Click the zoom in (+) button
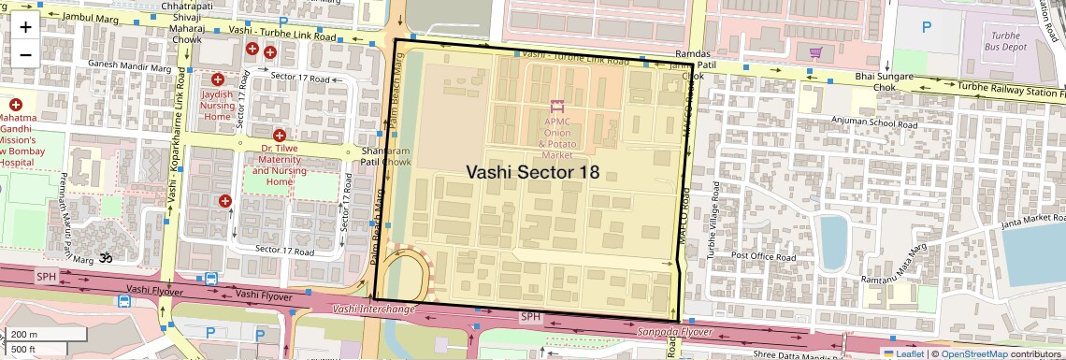tap(25, 26)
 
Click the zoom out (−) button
tap(25, 54)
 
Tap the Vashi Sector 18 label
tap(532, 172)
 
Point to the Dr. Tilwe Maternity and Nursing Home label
tap(279, 165)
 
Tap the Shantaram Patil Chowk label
tap(385, 156)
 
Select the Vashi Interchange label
tap(373, 309)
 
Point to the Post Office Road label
tap(764, 256)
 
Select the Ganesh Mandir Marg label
tap(130, 66)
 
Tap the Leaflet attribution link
tap(902, 353)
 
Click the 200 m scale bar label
tap(25, 335)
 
